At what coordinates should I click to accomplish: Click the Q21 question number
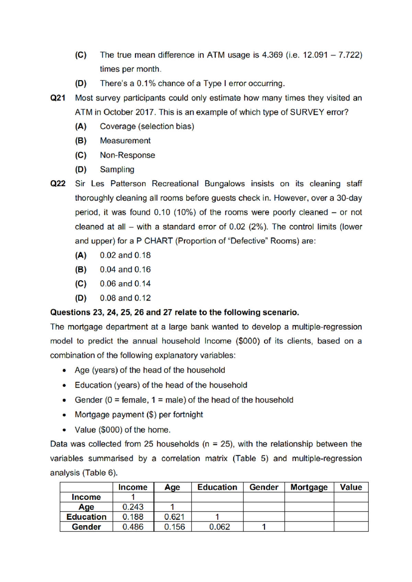pyautogui.click(x=58, y=98)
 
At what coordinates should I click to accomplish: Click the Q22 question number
pyautogui.click(x=58, y=184)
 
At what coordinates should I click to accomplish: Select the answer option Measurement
pyautogui.click(x=125, y=141)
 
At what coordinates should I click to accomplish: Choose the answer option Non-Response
pyautogui.click(x=127, y=155)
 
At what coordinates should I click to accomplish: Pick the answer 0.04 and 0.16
pyautogui.click(x=125, y=269)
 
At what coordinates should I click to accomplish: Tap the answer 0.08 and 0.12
pyautogui.click(x=125, y=298)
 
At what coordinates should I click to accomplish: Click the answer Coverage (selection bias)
pyautogui.click(x=147, y=126)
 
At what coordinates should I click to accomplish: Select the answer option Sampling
pyautogui.click(x=117, y=170)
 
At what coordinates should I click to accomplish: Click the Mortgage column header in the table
pyautogui.click(x=309, y=487)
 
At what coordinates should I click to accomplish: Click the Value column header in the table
pyautogui.click(x=351, y=487)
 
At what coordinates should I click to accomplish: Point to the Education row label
pyautogui.click(x=86, y=517)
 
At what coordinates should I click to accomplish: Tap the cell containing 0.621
pyautogui.click(x=174, y=517)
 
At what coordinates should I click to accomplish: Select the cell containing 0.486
pyautogui.click(x=133, y=527)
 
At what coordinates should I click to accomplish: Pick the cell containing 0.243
pyautogui.click(x=133, y=507)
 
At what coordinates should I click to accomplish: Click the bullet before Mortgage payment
pyautogui.click(x=64, y=415)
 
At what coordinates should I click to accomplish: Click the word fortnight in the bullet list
pyautogui.click(x=188, y=415)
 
